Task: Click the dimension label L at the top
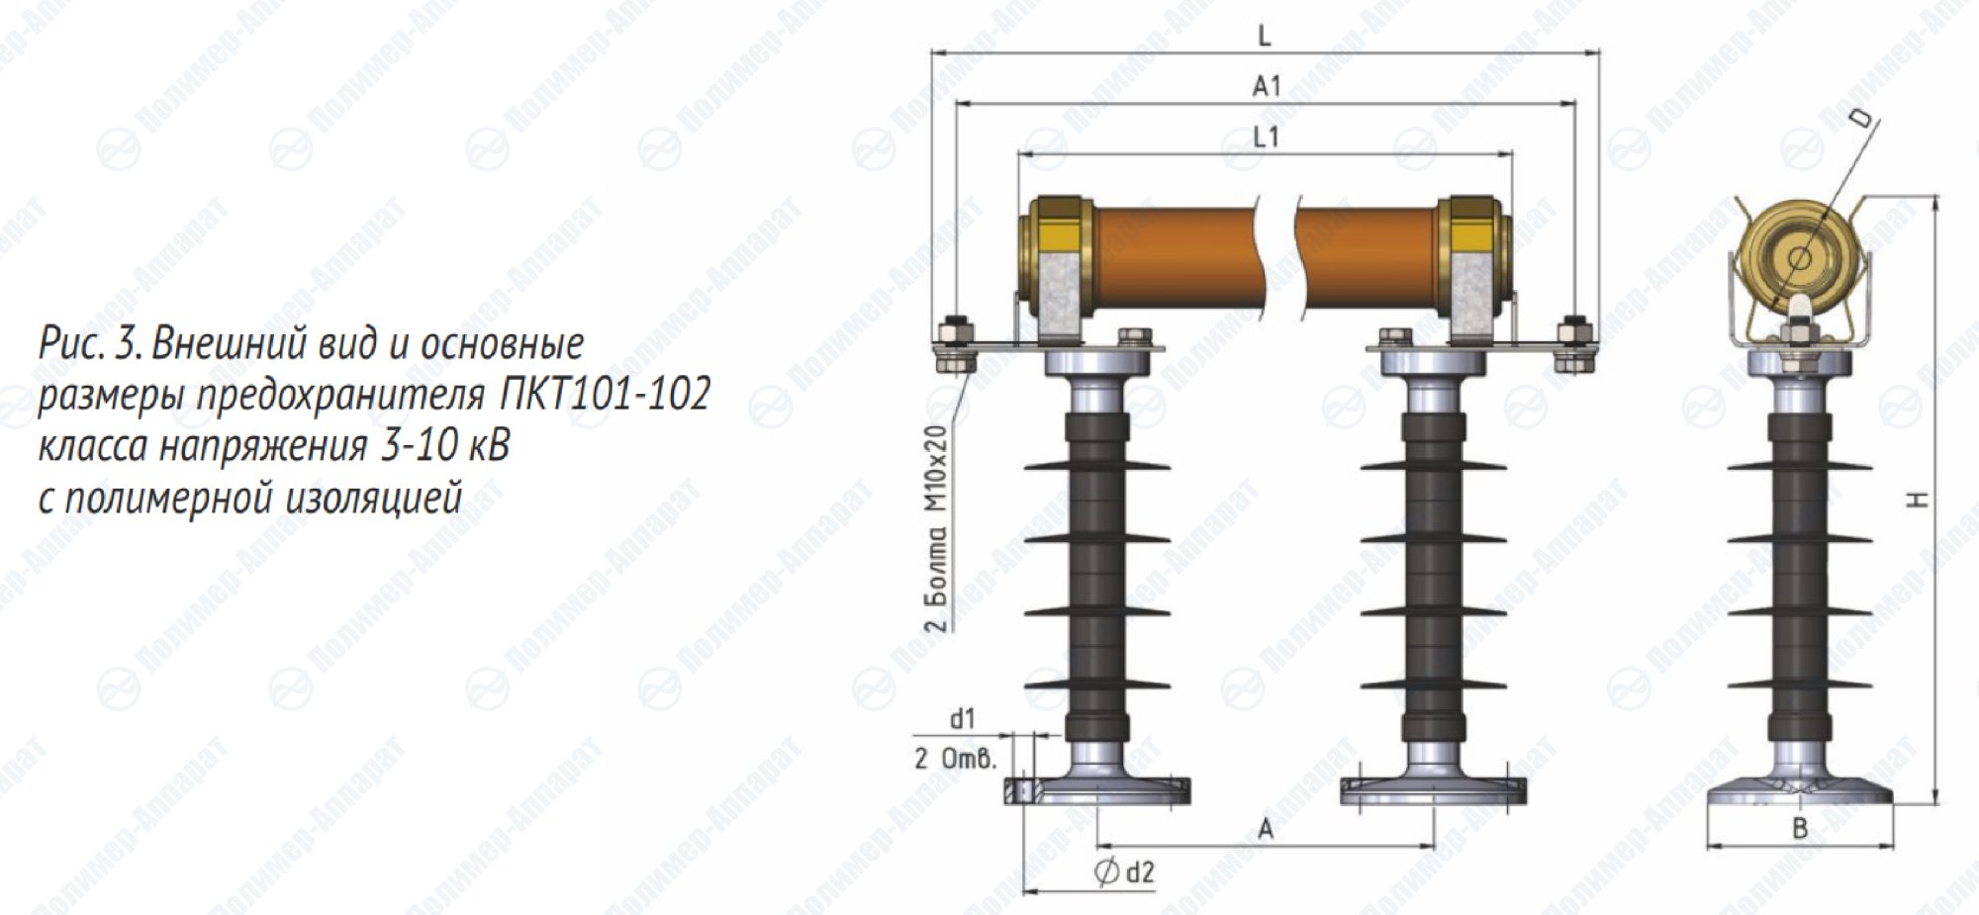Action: tap(1264, 37)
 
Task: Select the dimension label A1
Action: tap(1267, 87)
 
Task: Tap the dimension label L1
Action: tap(1267, 137)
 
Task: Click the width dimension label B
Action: tap(1801, 829)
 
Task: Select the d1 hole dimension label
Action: tap(963, 719)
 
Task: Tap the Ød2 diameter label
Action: tap(1125, 872)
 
